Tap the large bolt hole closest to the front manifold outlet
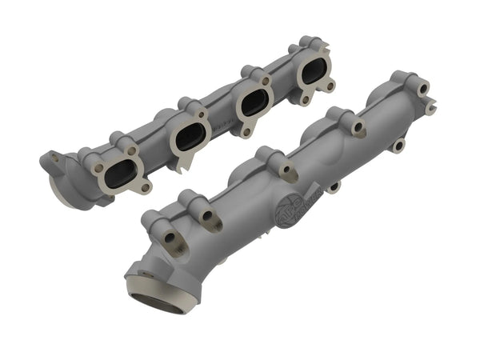tap(171, 238)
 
